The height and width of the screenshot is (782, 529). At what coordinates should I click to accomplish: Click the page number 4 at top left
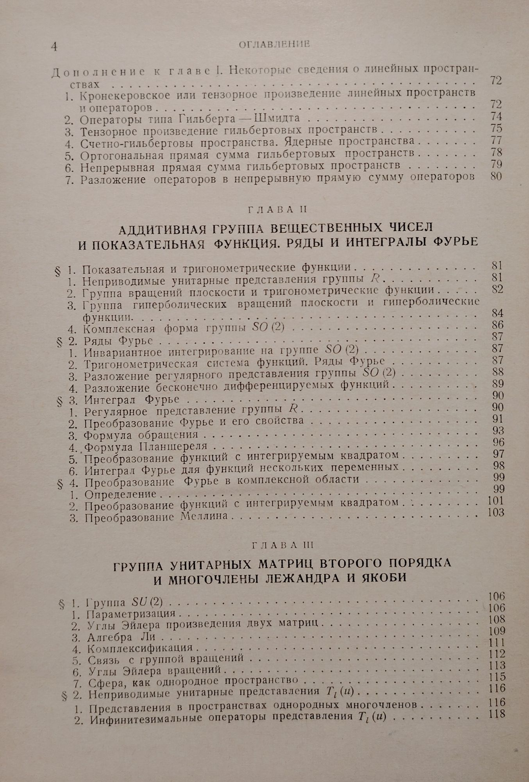coord(54,46)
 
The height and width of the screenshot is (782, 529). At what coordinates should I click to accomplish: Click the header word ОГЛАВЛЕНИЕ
coord(274,44)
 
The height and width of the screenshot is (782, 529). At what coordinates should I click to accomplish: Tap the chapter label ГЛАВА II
coord(277,210)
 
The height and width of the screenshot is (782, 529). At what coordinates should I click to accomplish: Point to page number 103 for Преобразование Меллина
coord(496,513)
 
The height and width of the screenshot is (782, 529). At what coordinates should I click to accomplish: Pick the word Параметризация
coord(131,613)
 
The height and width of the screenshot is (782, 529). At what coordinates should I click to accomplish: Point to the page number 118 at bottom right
coord(497,714)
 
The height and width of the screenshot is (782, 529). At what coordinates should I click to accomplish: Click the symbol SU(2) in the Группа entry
coord(151,603)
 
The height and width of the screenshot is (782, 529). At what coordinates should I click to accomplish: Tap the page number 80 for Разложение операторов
coord(495,176)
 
